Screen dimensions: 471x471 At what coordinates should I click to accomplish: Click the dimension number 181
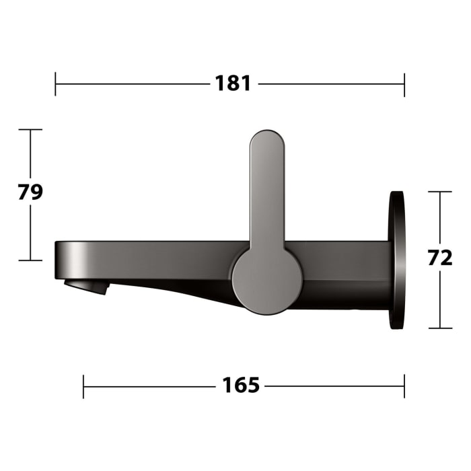pyautogui.click(x=233, y=84)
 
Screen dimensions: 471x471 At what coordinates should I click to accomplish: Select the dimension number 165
pyautogui.click(x=241, y=386)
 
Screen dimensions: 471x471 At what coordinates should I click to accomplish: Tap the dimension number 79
pyautogui.click(x=30, y=192)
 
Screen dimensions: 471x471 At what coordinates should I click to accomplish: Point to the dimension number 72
pyautogui.click(x=440, y=258)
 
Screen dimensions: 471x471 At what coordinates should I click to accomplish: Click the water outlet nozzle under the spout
pyautogui.click(x=87, y=287)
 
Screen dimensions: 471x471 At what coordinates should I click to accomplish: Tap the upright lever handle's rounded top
pyautogui.click(x=268, y=145)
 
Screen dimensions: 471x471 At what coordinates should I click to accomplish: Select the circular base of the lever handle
pyautogui.click(x=266, y=280)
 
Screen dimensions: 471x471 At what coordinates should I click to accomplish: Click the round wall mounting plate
pyautogui.click(x=397, y=260)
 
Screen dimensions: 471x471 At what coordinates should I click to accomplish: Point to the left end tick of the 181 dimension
pyautogui.click(x=56, y=84)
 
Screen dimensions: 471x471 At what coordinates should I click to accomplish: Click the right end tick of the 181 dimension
pyautogui.click(x=404, y=84)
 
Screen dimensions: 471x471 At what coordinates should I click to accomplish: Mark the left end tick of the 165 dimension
pyautogui.click(x=83, y=386)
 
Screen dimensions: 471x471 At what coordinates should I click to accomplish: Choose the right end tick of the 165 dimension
pyautogui.click(x=404, y=386)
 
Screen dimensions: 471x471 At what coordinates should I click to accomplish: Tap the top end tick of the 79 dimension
pyautogui.click(x=30, y=129)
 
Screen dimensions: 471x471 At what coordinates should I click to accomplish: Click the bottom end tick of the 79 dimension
pyautogui.click(x=30, y=260)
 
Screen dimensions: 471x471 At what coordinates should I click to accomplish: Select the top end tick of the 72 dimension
pyautogui.click(x=440, y=192)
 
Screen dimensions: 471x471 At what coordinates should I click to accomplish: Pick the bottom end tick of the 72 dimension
pyautogui.click(x=440, y=328)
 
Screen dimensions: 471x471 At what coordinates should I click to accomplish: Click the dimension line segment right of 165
pyautogui.click(x=333, y=386)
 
